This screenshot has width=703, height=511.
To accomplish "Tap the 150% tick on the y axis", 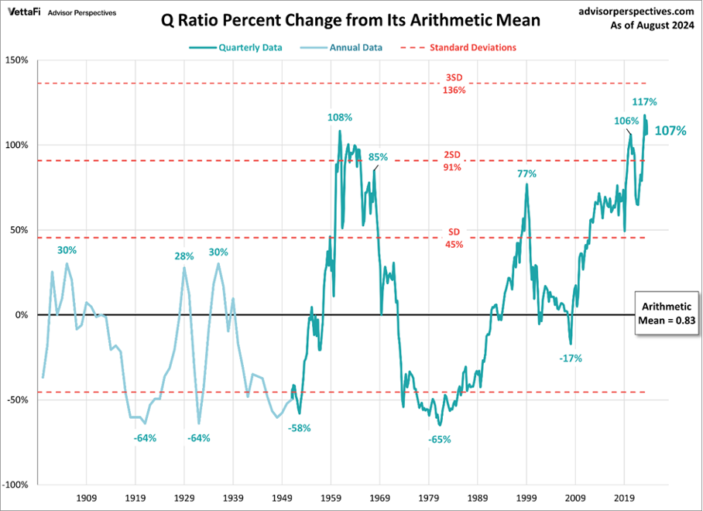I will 15,60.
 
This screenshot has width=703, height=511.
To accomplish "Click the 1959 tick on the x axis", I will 331,499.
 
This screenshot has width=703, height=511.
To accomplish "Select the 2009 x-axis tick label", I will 576,499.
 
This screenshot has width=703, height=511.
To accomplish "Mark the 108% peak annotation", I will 340,118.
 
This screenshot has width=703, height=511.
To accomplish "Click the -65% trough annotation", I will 439,439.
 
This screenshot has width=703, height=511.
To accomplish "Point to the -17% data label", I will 571,358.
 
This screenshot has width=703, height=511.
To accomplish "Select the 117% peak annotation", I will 645,101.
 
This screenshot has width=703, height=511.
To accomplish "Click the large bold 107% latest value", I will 670,131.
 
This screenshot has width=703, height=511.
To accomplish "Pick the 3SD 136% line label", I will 454,84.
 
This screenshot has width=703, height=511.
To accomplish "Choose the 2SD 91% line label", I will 454,161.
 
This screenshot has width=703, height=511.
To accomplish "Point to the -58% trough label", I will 300,428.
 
